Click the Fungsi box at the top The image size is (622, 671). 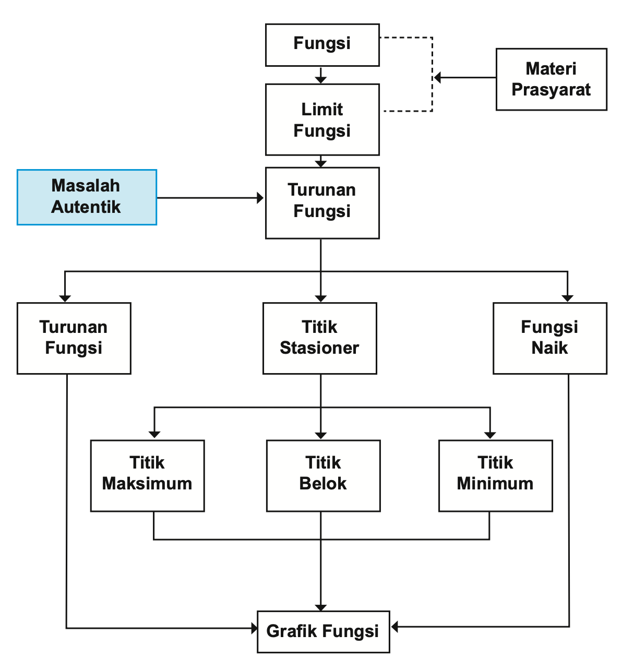click(x=322, y=45)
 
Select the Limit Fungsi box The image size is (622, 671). click(x=322, y=119)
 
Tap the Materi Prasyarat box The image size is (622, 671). click(x=551, y=79)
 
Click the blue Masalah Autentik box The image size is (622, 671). click(x=87, y=197)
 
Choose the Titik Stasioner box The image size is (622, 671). click(x=319, y=338)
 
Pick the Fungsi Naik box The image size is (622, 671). click(x=549, y=338)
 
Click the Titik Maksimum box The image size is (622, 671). click(x=147, y=475)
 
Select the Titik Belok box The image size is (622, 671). click(x=323, y=475)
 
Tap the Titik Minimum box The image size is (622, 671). click(x=495, y=475)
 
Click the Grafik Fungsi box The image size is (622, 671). click(x=323, y=631)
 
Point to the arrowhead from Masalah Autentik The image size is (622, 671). click(x=260, y=198)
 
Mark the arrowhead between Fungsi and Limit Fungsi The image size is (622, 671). click(x=321, y=79)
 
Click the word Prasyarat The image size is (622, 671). click(x=551, y=90)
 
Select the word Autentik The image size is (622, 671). click(x=86, y=207)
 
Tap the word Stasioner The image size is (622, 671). click(x=319, y=348)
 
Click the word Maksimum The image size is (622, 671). click(x=147, y=484)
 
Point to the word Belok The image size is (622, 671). click(x=323, y=484)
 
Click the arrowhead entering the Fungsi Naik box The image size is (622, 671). click(x=567, y=298)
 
